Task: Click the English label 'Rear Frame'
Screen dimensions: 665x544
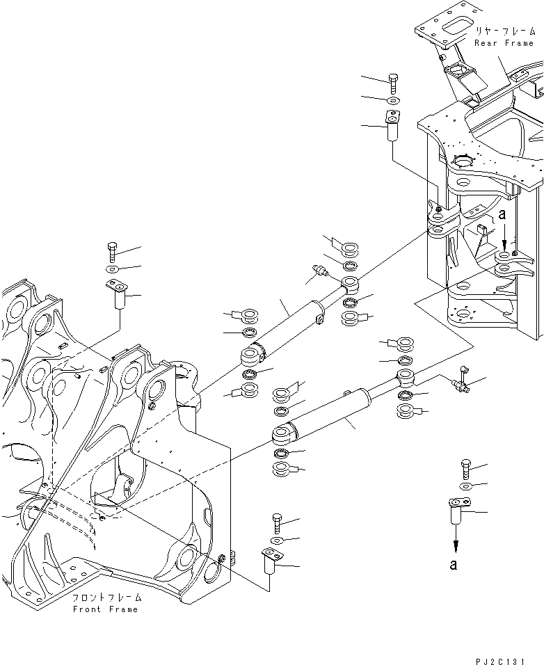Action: pos(503,42)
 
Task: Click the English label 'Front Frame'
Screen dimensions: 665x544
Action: pos(105,609)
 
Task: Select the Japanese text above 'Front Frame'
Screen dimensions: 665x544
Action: pos(107,598)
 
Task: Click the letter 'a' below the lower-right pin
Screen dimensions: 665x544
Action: pos(454,564)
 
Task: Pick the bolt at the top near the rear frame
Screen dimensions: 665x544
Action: pos(392,83)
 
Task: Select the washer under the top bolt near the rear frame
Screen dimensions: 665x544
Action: pos(392,102)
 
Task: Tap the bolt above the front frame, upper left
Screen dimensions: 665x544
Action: pos(113,251)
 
